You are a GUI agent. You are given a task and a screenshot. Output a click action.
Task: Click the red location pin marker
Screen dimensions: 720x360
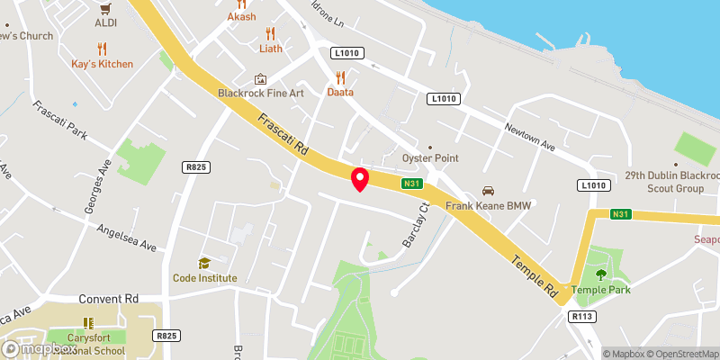(x=360, y=178)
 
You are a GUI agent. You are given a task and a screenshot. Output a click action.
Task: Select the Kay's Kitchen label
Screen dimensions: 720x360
(x=103, y=64)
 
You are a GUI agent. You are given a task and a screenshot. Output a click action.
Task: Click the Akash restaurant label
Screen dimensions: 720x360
(x=242, y=16)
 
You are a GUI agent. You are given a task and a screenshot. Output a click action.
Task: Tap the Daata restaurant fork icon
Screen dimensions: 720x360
(x=340, y=77)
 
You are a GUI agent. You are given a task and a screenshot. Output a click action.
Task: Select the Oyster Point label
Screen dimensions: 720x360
(x=430, y=157)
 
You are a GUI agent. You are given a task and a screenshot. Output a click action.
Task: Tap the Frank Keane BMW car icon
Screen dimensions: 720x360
(x=489, y=191)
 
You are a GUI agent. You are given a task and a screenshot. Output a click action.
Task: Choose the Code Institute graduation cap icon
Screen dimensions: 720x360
(x=205, y=263)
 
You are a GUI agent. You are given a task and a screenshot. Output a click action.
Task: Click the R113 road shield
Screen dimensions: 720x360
(x=580, y=316)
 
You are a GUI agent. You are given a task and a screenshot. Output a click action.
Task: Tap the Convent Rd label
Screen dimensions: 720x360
(x=109, y=299)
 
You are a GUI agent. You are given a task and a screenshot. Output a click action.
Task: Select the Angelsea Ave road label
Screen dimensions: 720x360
(x=127, y=238)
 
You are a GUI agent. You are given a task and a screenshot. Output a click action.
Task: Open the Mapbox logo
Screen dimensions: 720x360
(x=39, y=348)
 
